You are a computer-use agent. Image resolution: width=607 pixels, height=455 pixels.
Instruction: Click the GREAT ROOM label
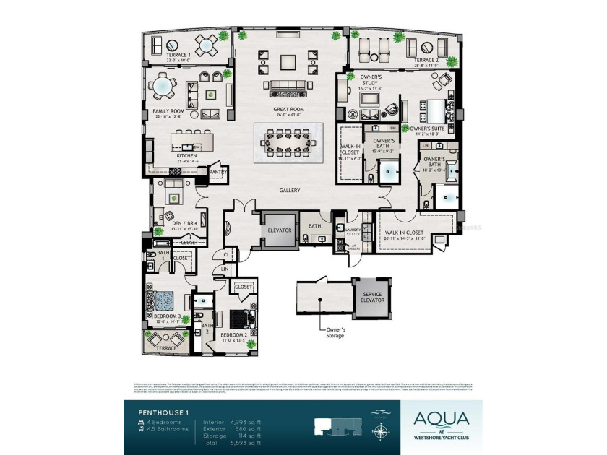click(x=288, y=110)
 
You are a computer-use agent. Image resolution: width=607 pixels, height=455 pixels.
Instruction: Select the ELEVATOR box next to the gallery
click(x=279, y=230)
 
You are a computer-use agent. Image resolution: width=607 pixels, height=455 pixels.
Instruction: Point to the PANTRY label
click(x=218, y=173)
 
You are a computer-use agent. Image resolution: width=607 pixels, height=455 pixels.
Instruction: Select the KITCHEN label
click(x=167, y=155)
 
